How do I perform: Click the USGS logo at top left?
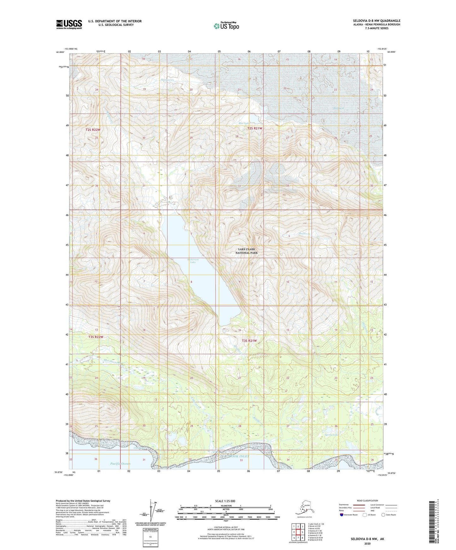tap(69, 24)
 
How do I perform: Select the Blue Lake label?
tap(244, 123)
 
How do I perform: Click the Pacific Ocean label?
tap(120, 463)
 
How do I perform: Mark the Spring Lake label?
tap(332, 435)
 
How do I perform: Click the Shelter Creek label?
tap(305, 233)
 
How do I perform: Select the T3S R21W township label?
tap(249, 341)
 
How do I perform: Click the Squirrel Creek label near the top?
tap(167, 80)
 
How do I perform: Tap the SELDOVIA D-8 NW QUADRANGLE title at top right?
tap(376, 21)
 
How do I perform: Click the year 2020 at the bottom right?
tap(367, 543)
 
